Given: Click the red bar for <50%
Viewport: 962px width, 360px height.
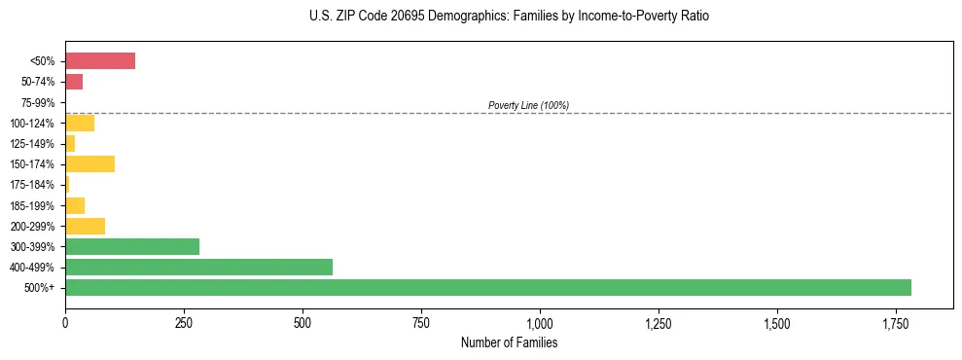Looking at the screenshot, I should click(100, 61).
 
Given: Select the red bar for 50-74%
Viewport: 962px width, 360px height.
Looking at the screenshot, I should click(74, 82).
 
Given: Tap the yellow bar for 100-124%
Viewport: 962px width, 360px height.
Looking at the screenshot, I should click(80, 123).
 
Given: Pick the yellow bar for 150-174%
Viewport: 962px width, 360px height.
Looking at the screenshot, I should click(89, 163).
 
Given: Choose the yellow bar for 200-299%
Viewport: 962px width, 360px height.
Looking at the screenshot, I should click(85, 226).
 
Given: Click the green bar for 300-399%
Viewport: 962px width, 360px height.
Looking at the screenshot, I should click(132, 246).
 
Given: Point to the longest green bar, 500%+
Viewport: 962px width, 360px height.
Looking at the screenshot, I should click(488, 287).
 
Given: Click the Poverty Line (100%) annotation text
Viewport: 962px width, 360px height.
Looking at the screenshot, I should click(528, 105).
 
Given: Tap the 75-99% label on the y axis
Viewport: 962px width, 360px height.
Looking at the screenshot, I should click(38, 102).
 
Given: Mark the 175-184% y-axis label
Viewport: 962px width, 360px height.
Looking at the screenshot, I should click(33, 185).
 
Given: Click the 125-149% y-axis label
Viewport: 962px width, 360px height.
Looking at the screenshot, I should click(33, 144).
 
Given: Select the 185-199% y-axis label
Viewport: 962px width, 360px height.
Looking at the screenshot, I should click(33, 205).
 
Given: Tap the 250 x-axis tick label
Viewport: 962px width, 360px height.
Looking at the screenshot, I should click(184, 323).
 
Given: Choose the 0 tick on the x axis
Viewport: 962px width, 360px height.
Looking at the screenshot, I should click(65, 323).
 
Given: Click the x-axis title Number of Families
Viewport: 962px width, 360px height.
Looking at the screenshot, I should click(509, 342).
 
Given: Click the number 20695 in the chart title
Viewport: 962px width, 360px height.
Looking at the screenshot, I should click(392, 17).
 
